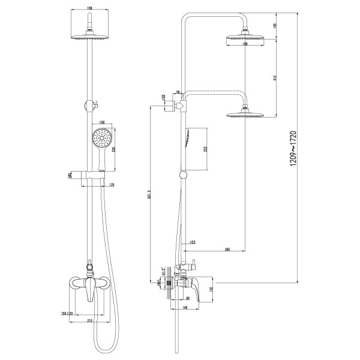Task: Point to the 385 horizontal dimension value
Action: point(228,248)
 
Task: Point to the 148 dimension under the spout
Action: point(187,308)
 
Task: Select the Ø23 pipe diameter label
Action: point(191,242)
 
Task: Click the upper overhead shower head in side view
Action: point(245,40)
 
